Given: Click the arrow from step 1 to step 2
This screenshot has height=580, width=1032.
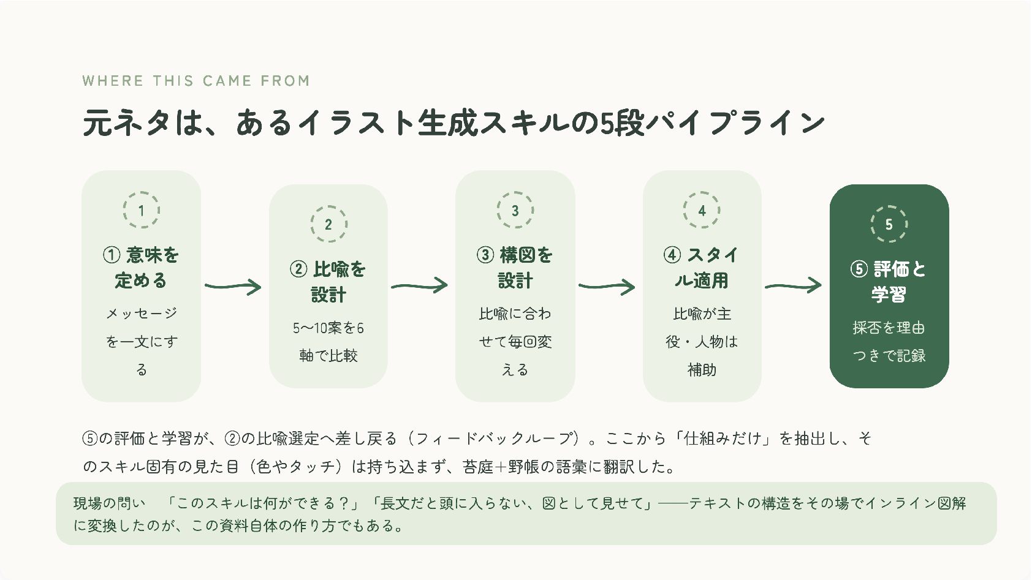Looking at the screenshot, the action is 233,286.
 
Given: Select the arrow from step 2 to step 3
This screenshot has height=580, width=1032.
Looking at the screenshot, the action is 419,286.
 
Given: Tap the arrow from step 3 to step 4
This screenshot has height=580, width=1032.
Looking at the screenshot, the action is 607,286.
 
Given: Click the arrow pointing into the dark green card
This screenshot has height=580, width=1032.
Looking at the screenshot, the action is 794,286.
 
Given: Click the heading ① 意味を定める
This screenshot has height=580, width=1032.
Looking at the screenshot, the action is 141,268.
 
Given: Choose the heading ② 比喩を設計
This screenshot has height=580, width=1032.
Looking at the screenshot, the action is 328,282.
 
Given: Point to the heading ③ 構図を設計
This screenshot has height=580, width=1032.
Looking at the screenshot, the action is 515,268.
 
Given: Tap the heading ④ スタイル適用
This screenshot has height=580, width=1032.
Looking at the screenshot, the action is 701,268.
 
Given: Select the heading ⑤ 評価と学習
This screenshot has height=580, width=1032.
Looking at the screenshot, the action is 889,282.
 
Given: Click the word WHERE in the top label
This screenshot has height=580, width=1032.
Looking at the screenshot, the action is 113,81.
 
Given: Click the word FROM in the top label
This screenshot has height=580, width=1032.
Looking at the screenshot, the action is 285,81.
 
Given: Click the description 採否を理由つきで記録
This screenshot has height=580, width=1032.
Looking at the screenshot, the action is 889,342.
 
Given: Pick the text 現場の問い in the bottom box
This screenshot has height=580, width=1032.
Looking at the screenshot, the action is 109,503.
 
